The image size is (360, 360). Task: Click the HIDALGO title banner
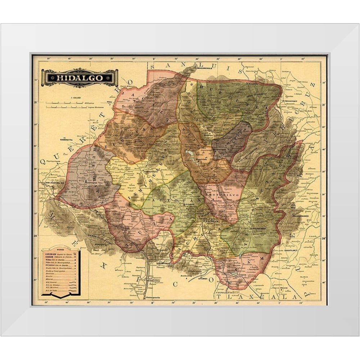(x=80, y=78)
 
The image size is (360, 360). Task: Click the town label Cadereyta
(x=68, y=140)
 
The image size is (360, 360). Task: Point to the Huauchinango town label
(x=301, y=216)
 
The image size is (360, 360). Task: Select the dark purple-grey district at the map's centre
(x=230, y=140)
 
